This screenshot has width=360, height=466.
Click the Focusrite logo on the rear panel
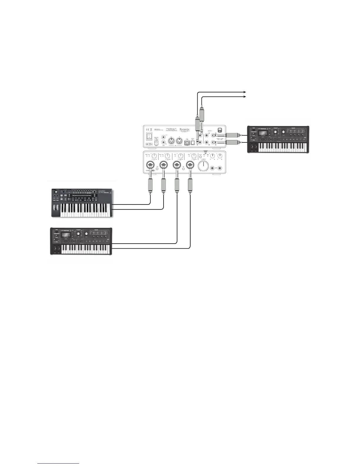tap(184, 129)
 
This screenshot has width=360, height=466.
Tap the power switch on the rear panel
tap(149, 136)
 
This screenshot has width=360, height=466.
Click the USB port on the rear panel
tap(186, 142)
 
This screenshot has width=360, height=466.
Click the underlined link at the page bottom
tap(59, 464)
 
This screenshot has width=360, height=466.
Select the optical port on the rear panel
tap(193, 143)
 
